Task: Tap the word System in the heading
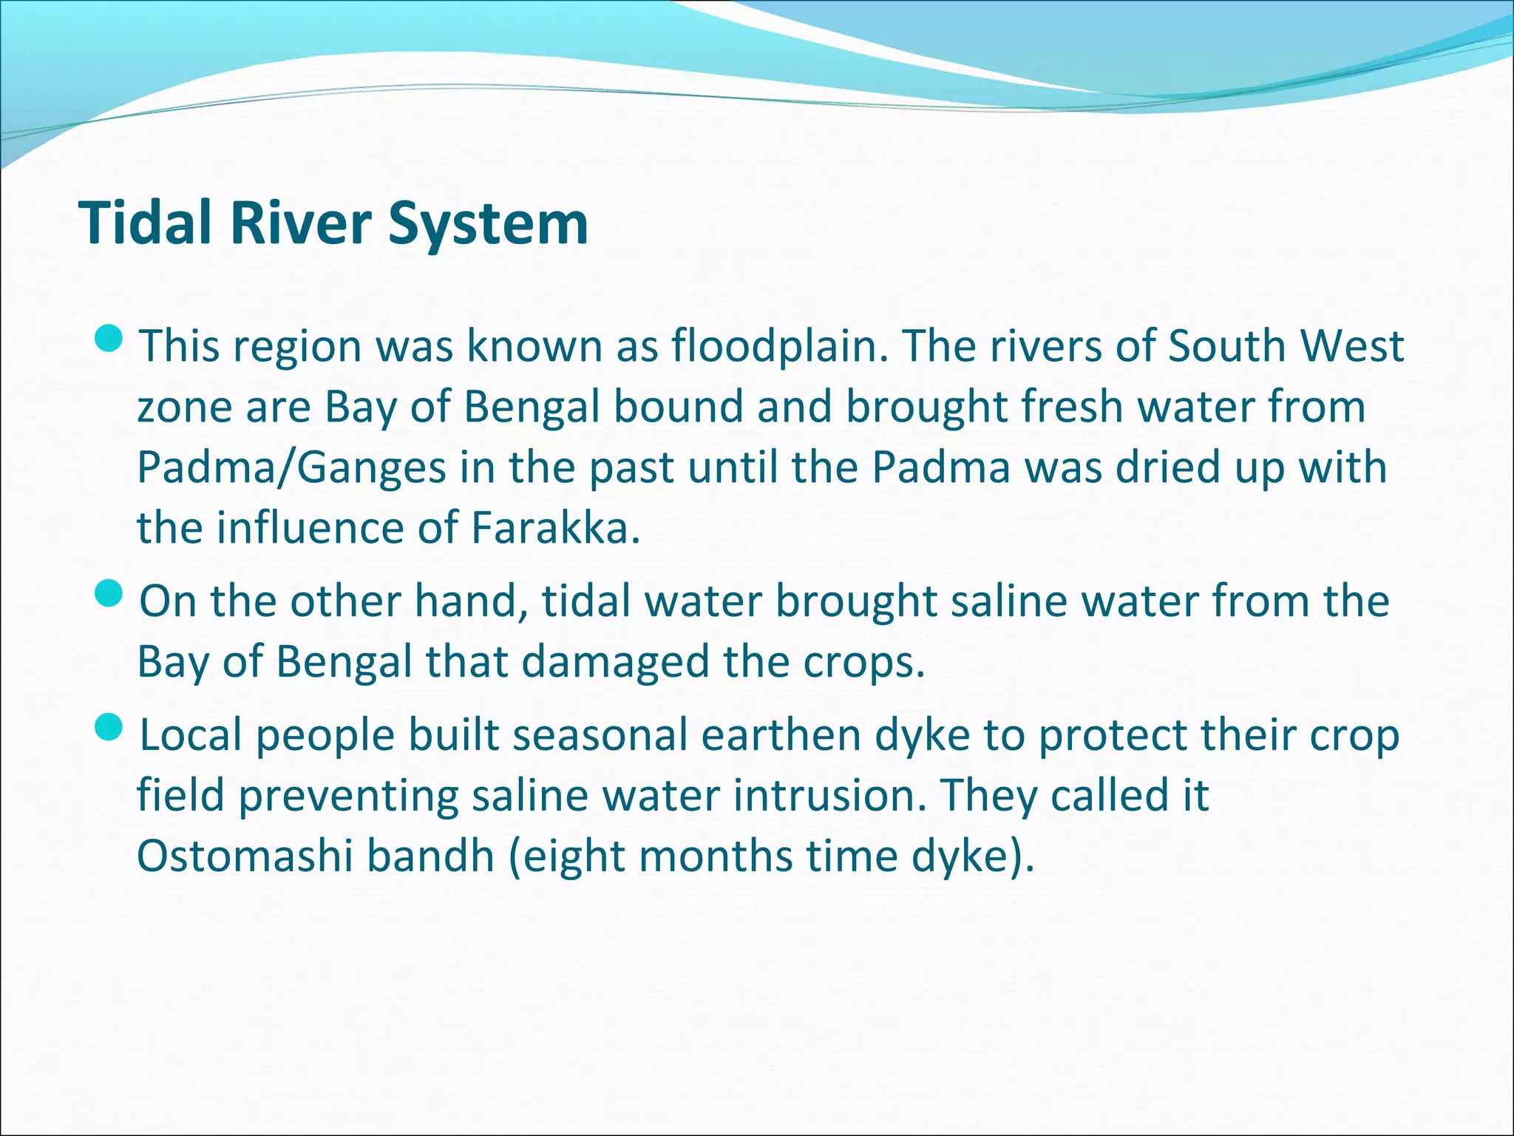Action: click(x=488, y=224)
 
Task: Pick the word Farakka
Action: click(x=554, y=528)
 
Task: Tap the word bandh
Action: click(x=430, y=856)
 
